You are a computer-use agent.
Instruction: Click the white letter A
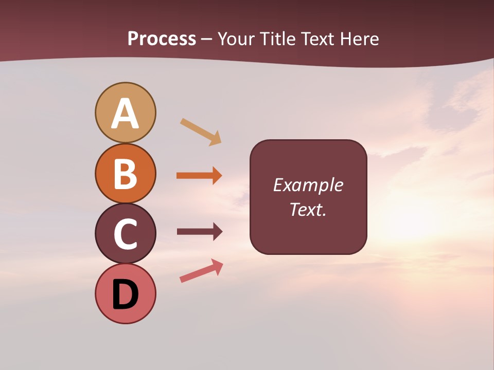point(125,114)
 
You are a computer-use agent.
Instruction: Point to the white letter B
point(125,174)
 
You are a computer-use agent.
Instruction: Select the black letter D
point(125,295)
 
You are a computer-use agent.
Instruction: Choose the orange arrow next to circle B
point(199,176)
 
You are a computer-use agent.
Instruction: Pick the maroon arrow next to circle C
point(199,232)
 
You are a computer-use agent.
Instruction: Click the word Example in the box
point(308,185)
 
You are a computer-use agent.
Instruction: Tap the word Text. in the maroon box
point(308,209)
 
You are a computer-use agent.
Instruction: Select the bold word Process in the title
point(162,39)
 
